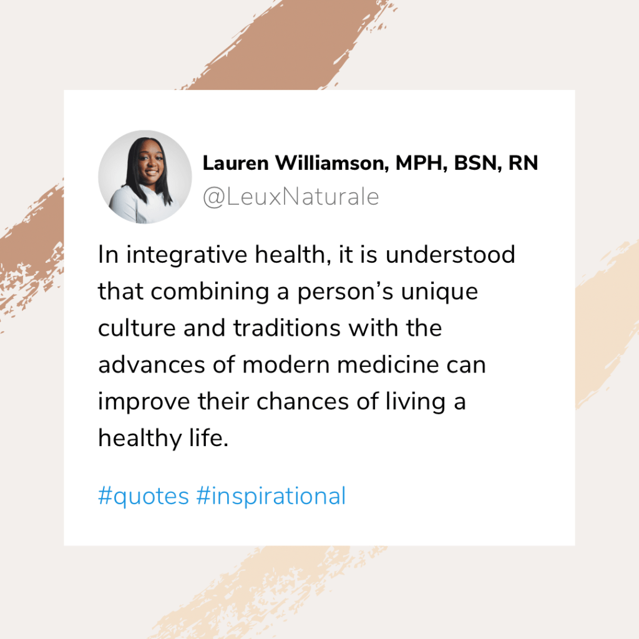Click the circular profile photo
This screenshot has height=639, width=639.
coord(145,177)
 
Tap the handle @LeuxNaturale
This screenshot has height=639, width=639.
coord(291,197)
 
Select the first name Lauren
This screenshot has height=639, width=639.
coord(236,163)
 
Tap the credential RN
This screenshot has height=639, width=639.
coord(523,163)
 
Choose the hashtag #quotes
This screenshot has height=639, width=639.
coord(144,497)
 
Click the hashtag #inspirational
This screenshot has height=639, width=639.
coord(271,497)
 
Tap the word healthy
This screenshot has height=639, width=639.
coord(139,439)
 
